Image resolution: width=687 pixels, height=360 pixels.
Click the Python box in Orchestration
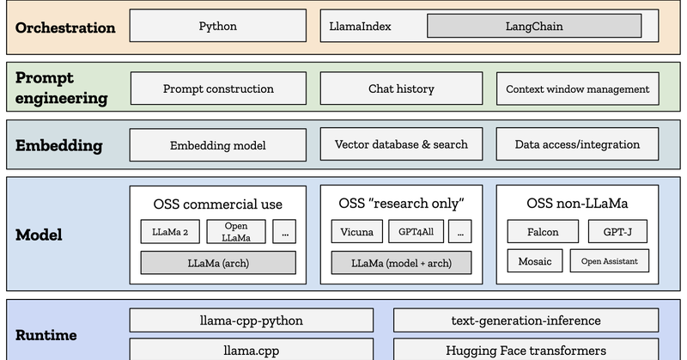coord(217,27)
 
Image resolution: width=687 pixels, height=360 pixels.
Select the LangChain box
coord(534,27)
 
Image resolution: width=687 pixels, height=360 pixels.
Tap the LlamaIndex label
coord(361,27)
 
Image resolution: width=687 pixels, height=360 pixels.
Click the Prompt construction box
coord(218,88)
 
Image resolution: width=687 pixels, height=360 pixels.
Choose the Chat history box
coord(401,88)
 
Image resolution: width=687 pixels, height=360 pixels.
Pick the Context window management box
coord(577,88)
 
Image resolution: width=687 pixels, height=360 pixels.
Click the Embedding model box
coord(218,145)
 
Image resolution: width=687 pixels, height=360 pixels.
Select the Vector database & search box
coord(401,144)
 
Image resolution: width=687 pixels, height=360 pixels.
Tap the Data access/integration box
coord(577,144)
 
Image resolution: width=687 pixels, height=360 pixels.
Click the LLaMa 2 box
coord(169,232)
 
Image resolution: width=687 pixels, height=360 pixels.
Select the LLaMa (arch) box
coord(218,262)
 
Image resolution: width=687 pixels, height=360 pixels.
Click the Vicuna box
coord(356,232)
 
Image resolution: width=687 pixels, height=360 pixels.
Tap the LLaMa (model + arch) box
coord(401,262)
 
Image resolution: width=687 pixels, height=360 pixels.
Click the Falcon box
coord(543,232)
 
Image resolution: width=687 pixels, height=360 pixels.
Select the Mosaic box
coord(535,261)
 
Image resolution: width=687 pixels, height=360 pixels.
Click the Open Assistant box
coord(610,261)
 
